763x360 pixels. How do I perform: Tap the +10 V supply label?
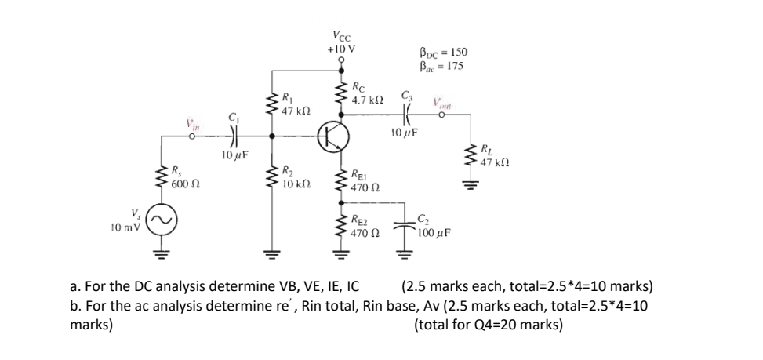[342, 46]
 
